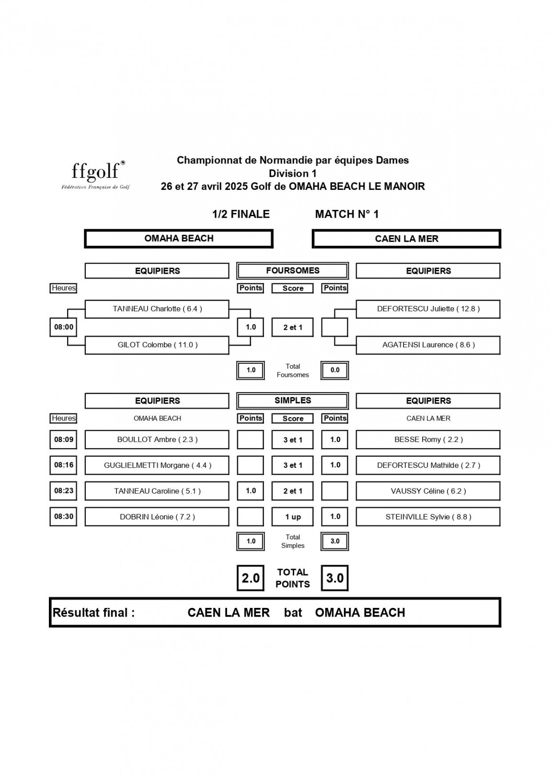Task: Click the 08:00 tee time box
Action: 63,327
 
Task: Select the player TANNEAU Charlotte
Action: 157,309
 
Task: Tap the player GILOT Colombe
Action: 157,345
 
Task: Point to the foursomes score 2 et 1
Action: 293,327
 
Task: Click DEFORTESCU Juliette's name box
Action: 428,309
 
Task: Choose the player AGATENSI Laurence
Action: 428,345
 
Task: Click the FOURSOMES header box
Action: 293,270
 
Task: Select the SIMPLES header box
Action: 293,400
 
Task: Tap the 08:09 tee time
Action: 63,439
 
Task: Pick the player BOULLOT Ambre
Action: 157,439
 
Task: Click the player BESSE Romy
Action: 428,439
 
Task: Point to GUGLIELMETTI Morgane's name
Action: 157,465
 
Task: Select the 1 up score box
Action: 293,517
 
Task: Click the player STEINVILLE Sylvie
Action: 428,517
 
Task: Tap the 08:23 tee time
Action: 63,491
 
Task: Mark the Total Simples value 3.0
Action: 335,541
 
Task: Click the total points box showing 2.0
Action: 251,578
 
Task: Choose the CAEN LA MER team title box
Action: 406,239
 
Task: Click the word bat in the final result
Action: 293,613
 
